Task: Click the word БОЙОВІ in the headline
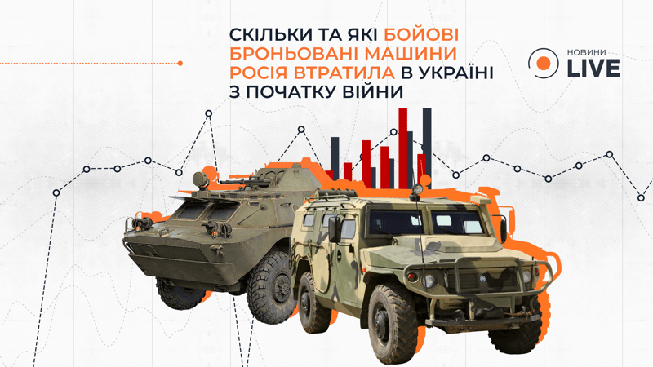point(420,34)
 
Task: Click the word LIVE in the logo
point(593,69)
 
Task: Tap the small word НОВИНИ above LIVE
point(586,53)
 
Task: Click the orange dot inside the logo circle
point(543,64)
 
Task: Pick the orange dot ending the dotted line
point(180,64)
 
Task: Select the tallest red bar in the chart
point(402,148)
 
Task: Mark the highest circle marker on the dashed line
point(209,113)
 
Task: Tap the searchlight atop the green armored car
point(201,179)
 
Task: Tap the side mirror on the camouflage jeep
point(335,229)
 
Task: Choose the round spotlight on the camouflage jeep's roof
point(416,189)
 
